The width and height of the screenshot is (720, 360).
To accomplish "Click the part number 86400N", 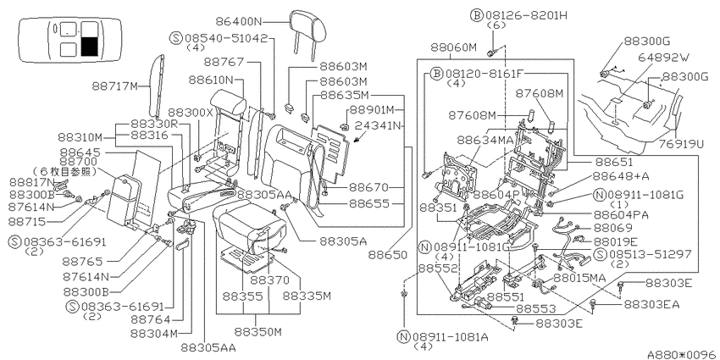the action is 239,21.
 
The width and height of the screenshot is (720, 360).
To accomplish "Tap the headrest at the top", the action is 308,27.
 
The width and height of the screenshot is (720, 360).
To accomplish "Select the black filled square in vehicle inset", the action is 89,47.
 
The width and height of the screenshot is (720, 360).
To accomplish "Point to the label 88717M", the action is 115,86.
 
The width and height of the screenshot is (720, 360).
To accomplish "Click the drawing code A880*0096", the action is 683,354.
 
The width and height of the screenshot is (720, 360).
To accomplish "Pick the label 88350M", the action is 258,331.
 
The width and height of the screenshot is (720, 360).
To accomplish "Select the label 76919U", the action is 680,144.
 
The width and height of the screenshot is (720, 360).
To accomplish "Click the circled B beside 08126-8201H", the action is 476,15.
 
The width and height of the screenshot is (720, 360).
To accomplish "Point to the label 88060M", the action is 454,47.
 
